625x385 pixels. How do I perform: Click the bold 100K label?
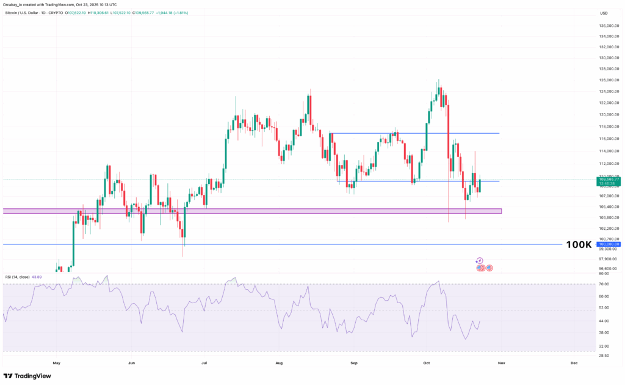(579, 244)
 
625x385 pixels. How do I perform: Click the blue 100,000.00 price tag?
(609, 244)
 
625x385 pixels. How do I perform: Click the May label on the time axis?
(57, 363)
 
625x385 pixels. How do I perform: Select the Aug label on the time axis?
(279, 363)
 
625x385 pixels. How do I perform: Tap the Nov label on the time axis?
(500, 363)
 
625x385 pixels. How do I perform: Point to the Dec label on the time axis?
(574, 363)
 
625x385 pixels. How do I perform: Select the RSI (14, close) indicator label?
(17, 277)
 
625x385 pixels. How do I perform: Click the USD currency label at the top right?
(604, 13)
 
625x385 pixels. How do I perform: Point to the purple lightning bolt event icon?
(479, 261)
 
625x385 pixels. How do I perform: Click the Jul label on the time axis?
(204, 363)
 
